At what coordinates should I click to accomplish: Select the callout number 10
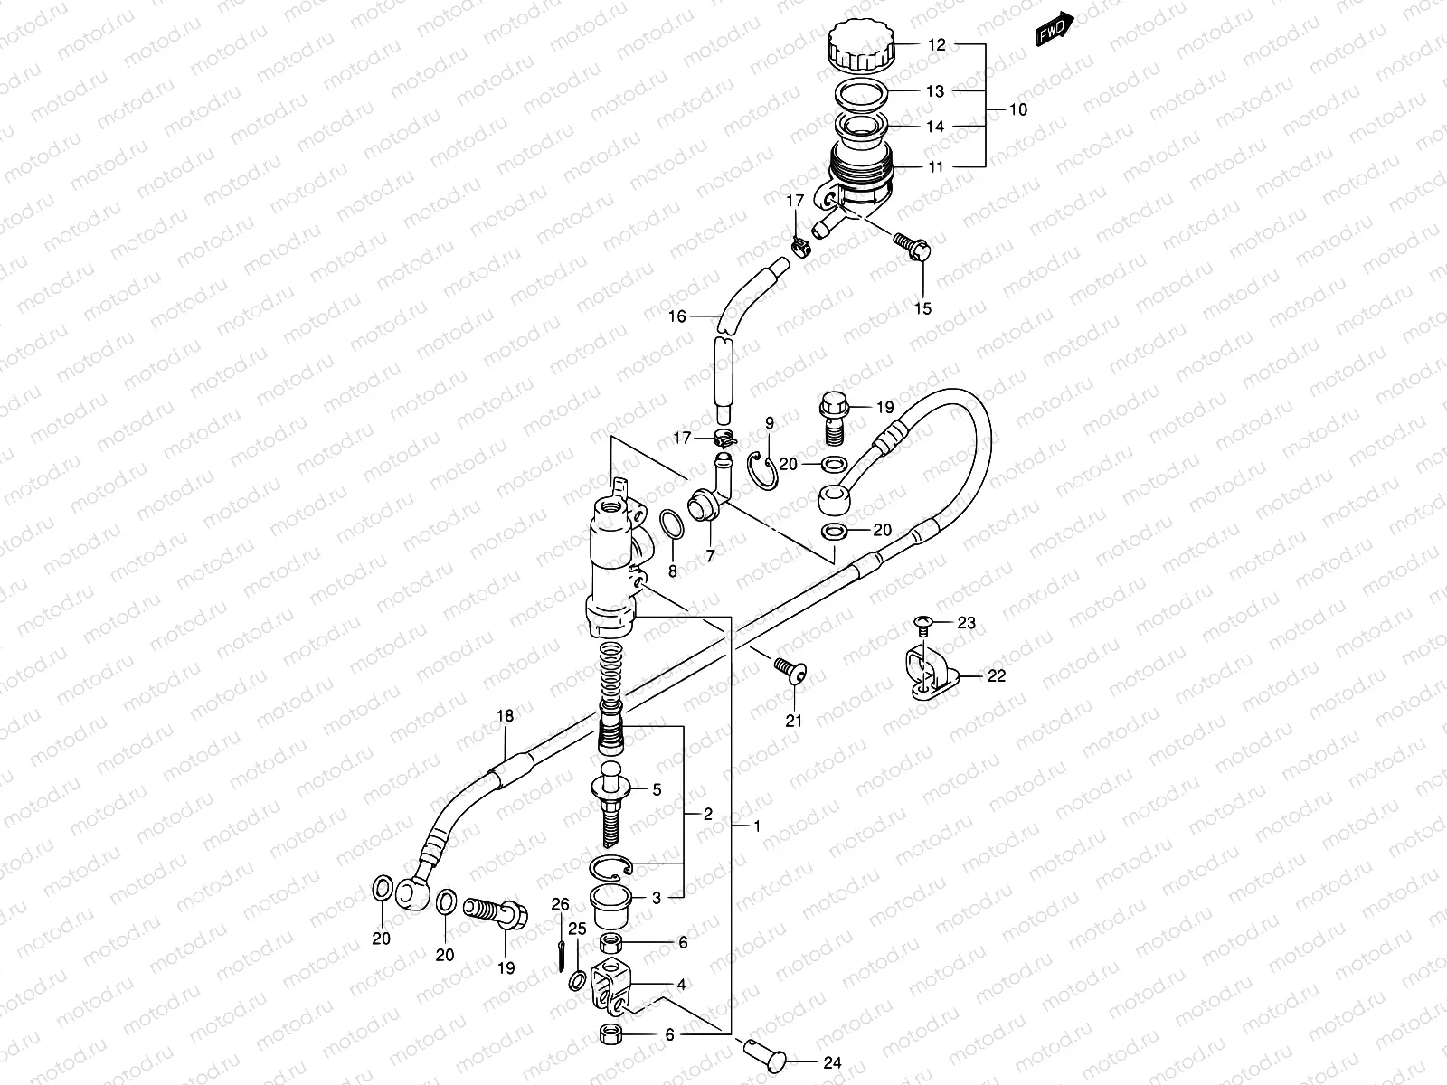(x=1017, y=109)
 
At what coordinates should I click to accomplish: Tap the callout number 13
(x=935, y=91)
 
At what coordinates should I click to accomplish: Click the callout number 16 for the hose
(x=678, y=316)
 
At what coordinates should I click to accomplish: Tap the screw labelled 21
(x=790, y=670)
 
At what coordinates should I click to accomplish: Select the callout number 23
(x=967, y=622)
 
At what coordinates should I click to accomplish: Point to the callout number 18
(x=505, y=716)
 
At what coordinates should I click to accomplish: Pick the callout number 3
(x=657, y=898)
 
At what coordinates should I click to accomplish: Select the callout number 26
(x=561, y=904)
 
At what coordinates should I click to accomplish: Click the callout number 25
(x=578, y=929)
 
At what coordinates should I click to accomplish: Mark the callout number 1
(x=756, y=827)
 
